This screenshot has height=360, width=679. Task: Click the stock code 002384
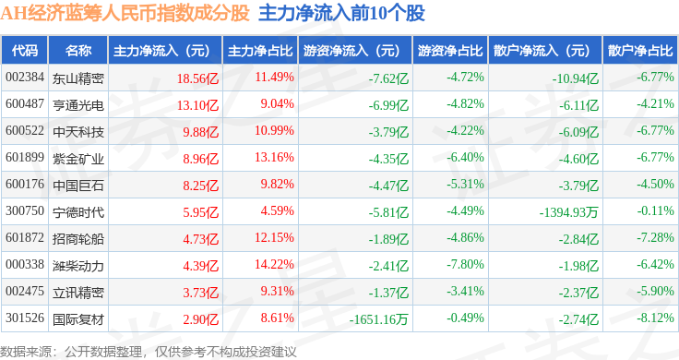pos(25,78)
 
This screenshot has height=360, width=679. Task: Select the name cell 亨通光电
pos(78,105)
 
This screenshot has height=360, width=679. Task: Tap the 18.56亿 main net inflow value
pos(197,78)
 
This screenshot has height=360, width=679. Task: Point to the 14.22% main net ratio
pos(274,264)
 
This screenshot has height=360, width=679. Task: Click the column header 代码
pos(25,51)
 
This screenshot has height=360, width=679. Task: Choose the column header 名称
pos(78,51)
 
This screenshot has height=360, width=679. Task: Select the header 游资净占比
pos(450,51)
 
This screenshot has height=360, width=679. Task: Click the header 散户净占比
pos(640,51)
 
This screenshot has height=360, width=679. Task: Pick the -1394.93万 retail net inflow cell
pos(568,212)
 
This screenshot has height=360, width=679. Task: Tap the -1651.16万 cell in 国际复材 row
pos(379,319)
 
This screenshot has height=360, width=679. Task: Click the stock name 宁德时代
pos(78,212)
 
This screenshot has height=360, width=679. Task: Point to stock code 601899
pos(25,157)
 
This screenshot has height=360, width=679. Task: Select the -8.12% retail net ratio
pos(655,318)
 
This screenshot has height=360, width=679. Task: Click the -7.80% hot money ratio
pos(465,264)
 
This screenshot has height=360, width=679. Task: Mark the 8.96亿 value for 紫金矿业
pos(200,159)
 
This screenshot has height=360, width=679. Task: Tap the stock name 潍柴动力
pos(78,266)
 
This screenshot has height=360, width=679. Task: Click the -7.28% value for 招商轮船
pos(655,237)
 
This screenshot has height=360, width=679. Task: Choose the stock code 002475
pos(25,291)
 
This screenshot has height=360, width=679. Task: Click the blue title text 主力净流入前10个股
pos(341,14)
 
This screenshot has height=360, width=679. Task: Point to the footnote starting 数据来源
pos(149,352)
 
